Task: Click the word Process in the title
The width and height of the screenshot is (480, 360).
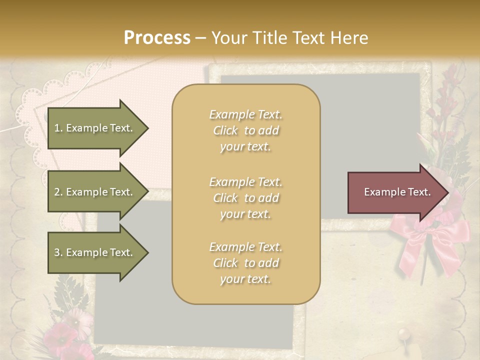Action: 157,37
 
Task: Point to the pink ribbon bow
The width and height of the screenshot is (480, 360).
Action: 430,235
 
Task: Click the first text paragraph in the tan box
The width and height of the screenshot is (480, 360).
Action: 245,130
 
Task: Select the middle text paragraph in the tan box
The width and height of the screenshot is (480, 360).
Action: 245,198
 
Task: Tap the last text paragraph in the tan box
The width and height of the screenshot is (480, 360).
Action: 245,263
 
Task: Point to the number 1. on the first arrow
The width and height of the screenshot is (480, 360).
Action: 58,128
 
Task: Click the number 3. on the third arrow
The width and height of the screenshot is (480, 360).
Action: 58,252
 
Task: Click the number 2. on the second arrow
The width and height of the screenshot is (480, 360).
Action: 58,192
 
